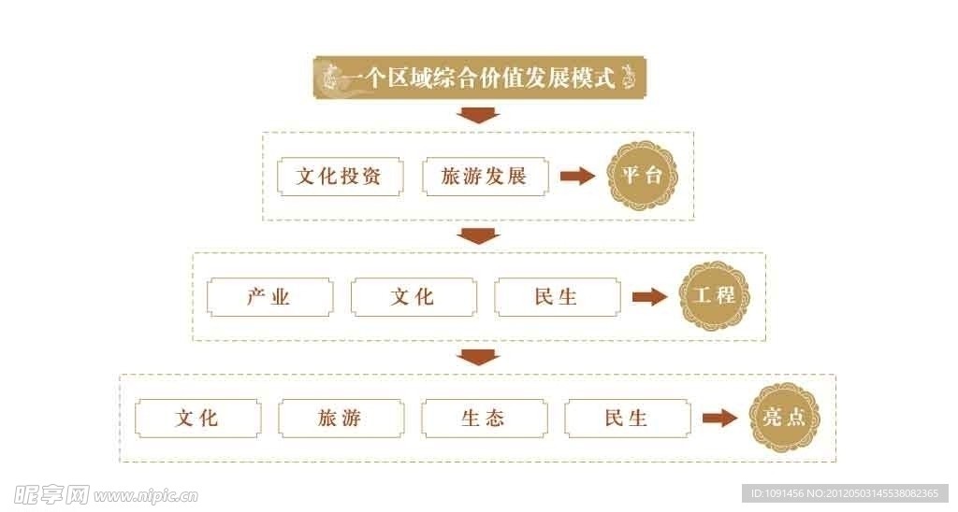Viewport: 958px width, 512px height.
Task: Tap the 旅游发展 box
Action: pyautogui.click(x=486, y=177)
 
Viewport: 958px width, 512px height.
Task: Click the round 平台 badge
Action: pyautogui.click(x=641, y=176)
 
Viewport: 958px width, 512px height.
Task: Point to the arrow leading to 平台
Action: pyautogui.click(x=577, y=177)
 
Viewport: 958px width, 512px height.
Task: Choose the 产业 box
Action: pyautogui.click(x=269, y=297)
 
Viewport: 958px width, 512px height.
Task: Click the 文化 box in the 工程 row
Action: pyautogui.click(x=414, y=297)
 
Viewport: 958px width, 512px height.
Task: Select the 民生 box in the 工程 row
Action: pyautogui.click(x=557, y=297)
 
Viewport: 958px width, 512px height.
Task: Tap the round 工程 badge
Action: pyautogui.click(x=714, y=296)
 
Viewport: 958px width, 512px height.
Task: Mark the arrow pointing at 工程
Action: pyautogui.click(x=649, y=297)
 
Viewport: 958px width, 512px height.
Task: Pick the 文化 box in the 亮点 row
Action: pyautogui.click(x=197, y=418)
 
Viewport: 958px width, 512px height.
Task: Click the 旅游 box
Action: pyautogui.click(x=341, y=418)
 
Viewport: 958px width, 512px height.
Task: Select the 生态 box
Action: pyautogui.click(x=485, y=418)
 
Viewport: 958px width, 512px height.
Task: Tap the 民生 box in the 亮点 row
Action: pyautogui.click(x=628, y=418)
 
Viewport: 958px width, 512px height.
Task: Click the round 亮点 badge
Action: pyautogui.click(x=784, y=418)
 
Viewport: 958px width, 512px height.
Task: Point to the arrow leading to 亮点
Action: pyautogui.click(x=719, y=418)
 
